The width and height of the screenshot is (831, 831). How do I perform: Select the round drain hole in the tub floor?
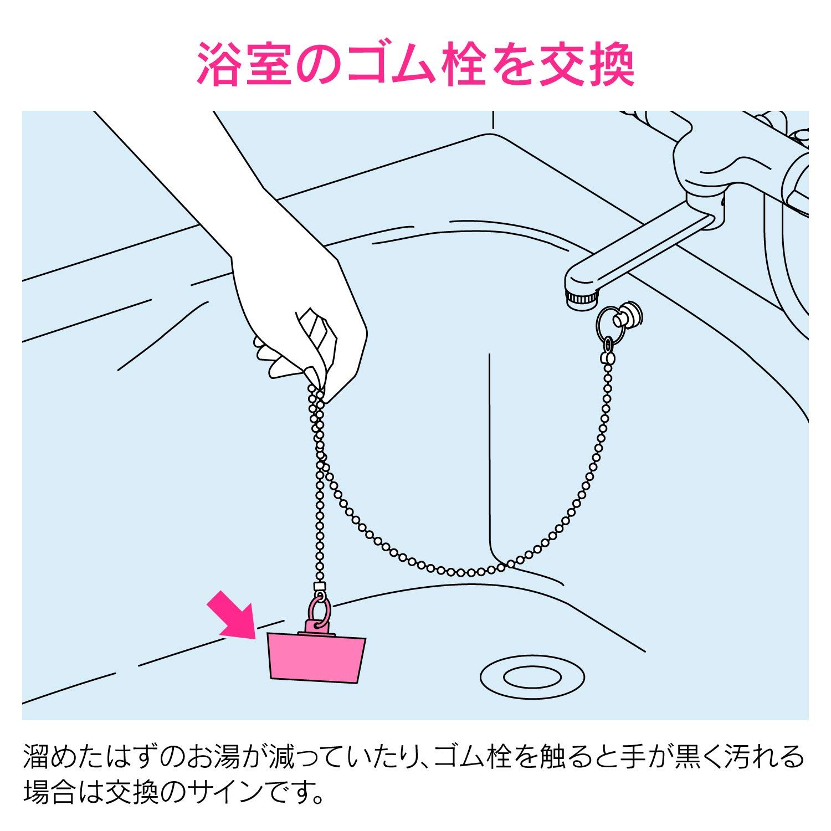(x=531, y=676)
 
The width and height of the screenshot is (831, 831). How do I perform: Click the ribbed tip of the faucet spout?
(x=581, y=297)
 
